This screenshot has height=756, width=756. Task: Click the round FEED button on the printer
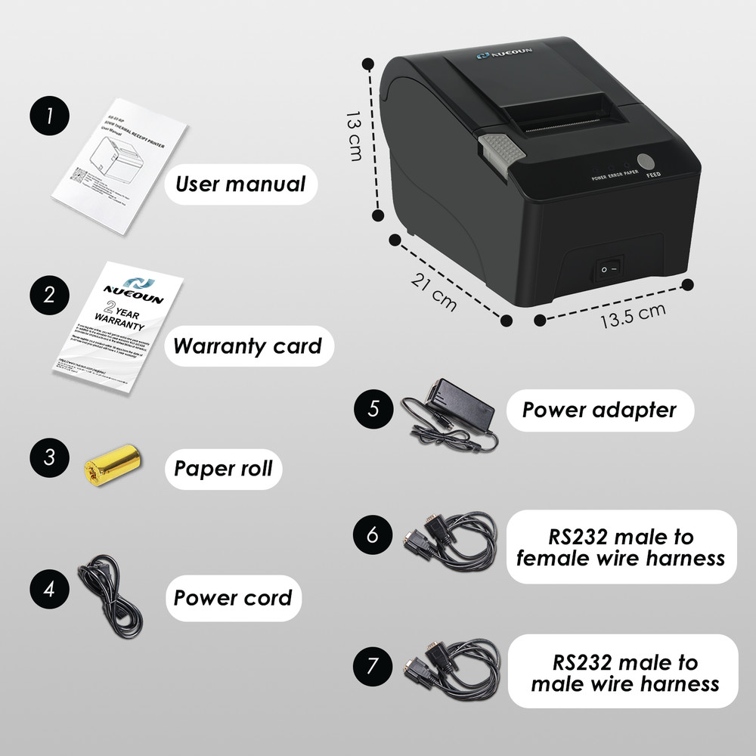point(646,162)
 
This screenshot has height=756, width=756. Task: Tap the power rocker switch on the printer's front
point(609,268)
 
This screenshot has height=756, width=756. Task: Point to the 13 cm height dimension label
point(353,136)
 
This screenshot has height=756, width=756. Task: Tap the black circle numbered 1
point(50,117)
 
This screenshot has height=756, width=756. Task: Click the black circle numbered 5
point(373,409)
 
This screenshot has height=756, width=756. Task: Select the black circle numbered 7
point(373,666)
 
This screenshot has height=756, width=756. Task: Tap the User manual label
point(240,184)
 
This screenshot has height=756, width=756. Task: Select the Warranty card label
point(247,346)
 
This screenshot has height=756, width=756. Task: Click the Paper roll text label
point(223,468)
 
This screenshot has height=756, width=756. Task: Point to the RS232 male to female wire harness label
point(620,547)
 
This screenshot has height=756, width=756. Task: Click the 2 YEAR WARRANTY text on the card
point(119,312)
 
